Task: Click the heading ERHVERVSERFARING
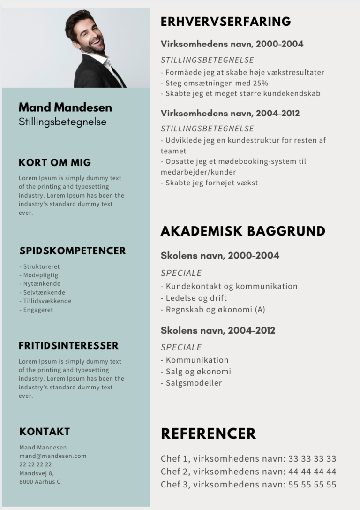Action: click(x=225, y=22)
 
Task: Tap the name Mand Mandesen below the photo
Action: click(x=65, y=107)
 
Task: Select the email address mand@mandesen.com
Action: click(x=53, y=456)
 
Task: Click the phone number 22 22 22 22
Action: click(x=36, y=464)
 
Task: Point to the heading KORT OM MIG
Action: click(x=55, y=163)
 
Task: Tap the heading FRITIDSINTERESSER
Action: click(x=68, y=346)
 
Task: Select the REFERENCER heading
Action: click(x=208, y=434)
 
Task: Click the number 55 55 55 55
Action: click(x=312, y=485)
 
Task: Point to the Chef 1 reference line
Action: click(x=248, y=459)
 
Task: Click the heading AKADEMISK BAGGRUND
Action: click(x=243, y=231)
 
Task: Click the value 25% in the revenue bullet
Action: click(x=259, y=83)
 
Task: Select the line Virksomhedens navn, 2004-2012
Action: click(x=230, y=114)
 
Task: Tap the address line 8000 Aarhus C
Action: click(x=40, y=482)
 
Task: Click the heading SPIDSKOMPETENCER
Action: click(x=73, y=251)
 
